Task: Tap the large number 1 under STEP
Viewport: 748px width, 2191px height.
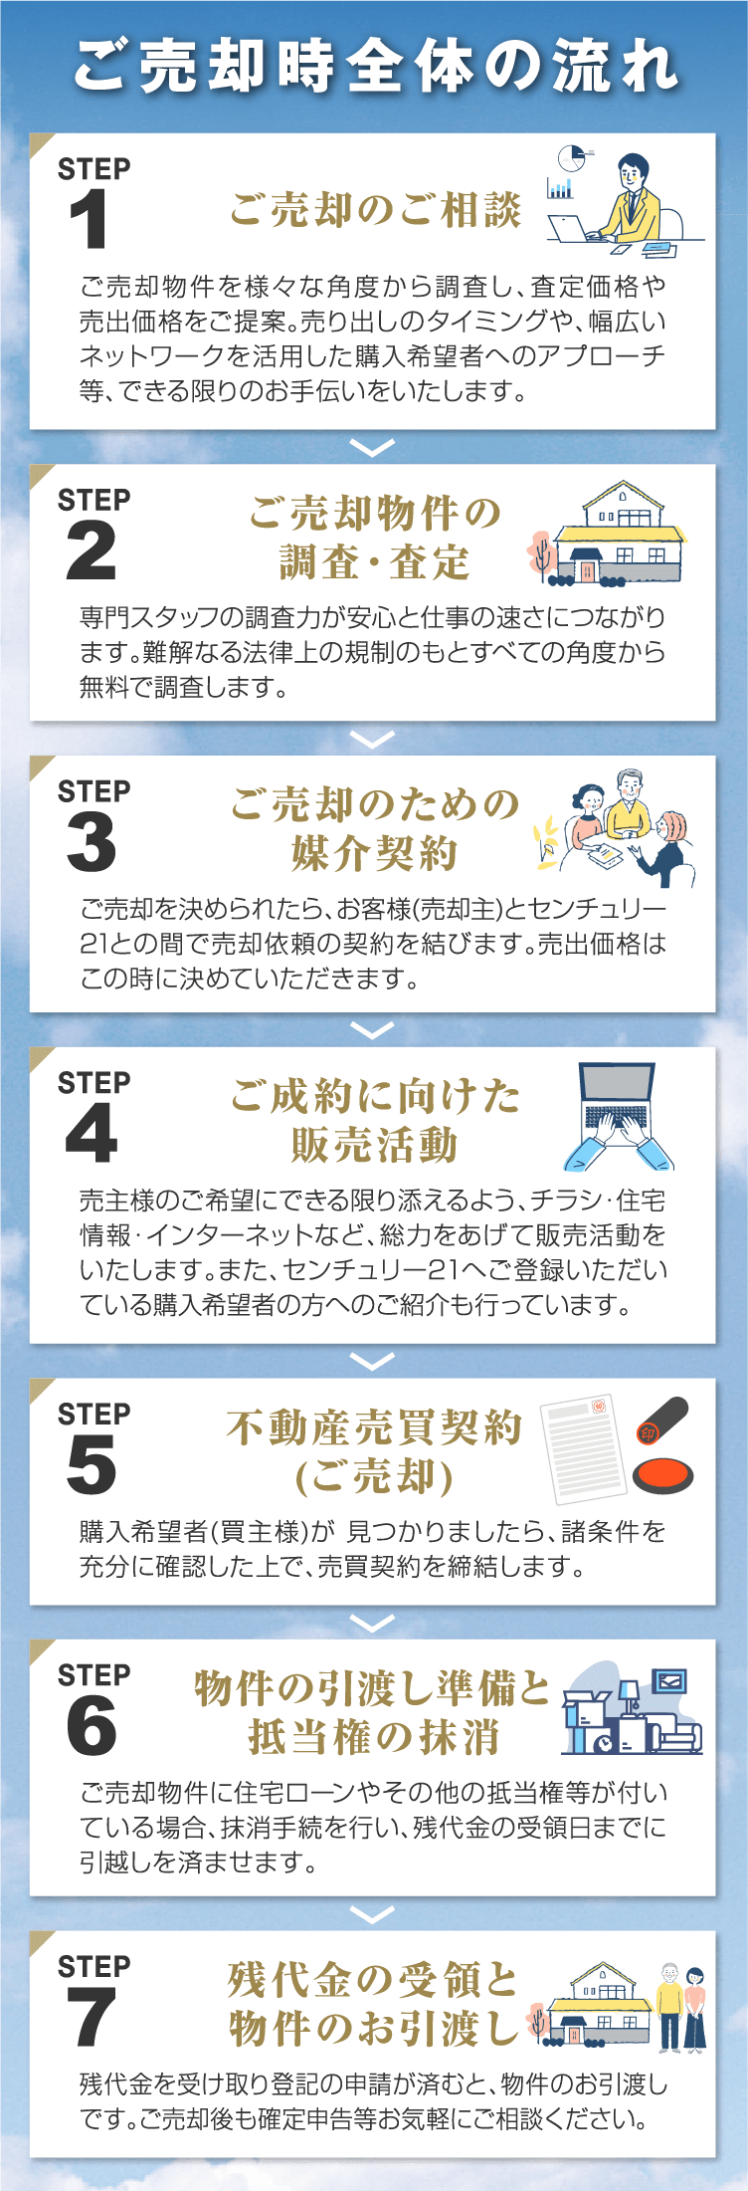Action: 90,220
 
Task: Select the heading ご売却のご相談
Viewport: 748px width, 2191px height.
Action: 375,210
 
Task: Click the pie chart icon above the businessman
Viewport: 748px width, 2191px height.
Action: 571,158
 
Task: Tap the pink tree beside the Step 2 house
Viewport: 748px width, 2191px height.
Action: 541,553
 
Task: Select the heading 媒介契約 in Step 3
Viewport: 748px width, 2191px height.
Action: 375,853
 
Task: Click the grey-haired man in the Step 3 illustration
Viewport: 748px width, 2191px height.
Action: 628,802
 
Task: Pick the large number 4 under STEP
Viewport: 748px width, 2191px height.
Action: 91,1134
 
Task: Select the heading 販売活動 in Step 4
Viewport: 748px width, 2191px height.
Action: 375,1145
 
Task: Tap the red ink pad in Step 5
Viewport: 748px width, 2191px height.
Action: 661,1473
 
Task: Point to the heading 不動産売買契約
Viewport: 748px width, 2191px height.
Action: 375,1426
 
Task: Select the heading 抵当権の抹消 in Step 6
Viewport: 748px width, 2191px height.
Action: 375,1737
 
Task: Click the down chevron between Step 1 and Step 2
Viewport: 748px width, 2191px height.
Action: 373,448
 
